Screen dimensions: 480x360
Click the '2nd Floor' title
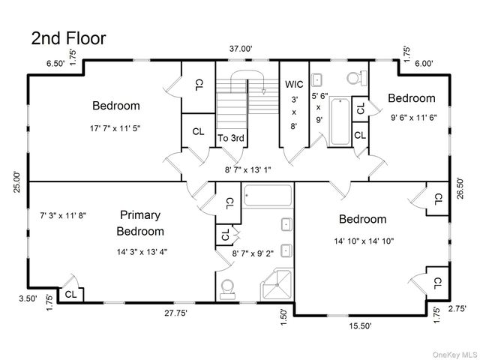68,38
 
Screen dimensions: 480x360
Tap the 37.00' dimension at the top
241,49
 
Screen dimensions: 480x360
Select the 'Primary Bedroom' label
140,223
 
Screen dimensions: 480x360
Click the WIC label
294,84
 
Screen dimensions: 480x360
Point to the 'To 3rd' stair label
231,138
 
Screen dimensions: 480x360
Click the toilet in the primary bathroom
227,289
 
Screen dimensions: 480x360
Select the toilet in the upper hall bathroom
357,78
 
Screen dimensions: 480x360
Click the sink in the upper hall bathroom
316,80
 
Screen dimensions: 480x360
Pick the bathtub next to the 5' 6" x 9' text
340,121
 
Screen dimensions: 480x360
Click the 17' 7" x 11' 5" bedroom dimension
115,128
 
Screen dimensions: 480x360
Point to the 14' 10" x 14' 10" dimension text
364,241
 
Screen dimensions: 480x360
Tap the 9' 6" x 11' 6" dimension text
413,118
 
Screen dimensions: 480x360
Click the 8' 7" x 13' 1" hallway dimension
248,169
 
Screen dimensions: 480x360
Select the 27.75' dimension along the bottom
175,313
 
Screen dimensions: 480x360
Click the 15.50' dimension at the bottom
360,325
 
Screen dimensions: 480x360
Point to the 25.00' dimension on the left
17,181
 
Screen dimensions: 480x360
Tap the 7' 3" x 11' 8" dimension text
63,215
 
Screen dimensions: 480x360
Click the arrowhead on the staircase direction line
263,91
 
